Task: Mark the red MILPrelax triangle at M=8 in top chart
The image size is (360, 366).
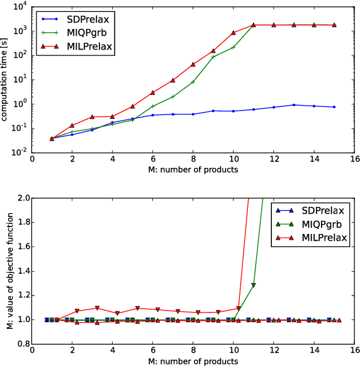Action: pos(193,64)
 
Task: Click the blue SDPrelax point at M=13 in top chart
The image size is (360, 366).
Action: pos(294,105)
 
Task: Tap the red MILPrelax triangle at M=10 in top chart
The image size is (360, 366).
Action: pos(233,33)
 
